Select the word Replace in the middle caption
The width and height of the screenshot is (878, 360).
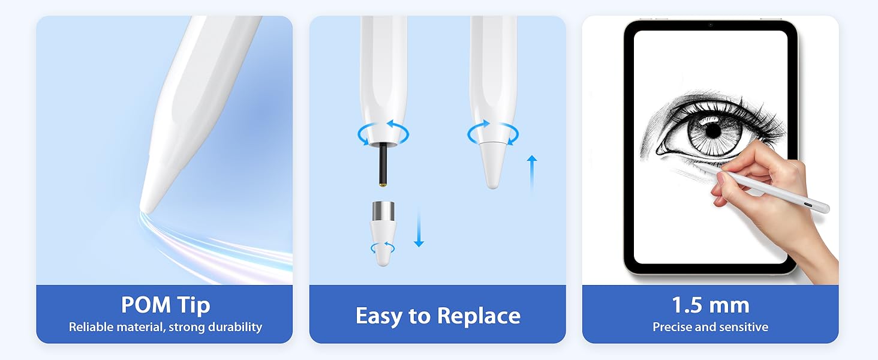[x=479, y=316]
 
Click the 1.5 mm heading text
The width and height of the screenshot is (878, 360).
[x=710, y=305]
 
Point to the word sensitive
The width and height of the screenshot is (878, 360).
[x=742, y=327]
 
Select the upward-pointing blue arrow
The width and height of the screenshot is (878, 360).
[x=531, y=174]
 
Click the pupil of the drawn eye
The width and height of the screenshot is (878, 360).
[x=712, y=130]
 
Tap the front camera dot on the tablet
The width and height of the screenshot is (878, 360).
[x=710, y=25]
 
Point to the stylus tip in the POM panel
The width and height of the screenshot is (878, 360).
[x=147, y=202]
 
